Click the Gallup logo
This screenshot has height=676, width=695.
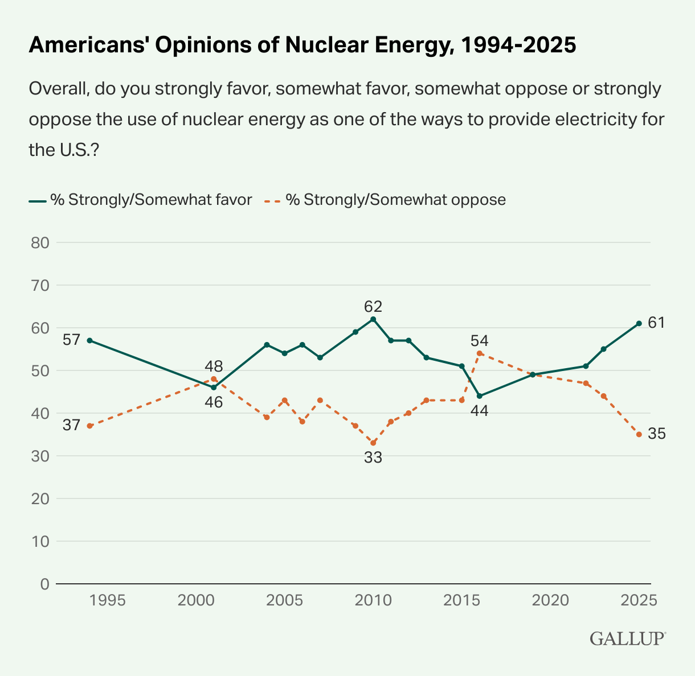[x=627, y=638]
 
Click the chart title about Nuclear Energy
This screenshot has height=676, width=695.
[x=302, y=46]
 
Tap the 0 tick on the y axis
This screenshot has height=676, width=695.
[x=44, y=584]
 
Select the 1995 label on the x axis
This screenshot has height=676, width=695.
[x=108, y=600]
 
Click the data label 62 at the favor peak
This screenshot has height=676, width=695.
[x=373, y=307]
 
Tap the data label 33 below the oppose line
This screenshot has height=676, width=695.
[x=373, y=457]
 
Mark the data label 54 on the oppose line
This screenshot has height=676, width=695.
[x=480, y=341]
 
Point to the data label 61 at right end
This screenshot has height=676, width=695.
[x=657, y=323]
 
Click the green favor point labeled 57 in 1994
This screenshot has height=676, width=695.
[x=90, y=340]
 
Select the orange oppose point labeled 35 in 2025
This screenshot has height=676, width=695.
[x=639, y=434]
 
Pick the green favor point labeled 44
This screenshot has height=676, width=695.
[x=480, y=396]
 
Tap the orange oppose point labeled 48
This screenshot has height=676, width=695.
[x=214, y=379]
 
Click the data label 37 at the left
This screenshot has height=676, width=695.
[x=71, y=425]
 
